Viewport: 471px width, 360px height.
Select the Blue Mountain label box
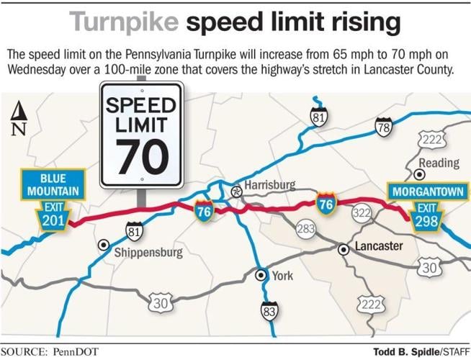coord(53,184)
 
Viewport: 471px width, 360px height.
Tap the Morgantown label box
coord(425,192)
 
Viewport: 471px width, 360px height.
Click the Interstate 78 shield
coord(383,128)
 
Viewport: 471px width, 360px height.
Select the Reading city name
coord(439,163)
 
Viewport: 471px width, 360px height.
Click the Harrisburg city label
coord(269,185)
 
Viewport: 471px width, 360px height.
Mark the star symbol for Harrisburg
coord(235,192)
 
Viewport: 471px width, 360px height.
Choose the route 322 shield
coord(362,213)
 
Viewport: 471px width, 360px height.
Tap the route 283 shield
coord(305,230)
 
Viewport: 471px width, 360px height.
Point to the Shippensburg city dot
coord(104,243)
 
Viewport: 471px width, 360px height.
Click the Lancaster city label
coord(378,246)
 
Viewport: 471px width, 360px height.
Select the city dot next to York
coord(261,274)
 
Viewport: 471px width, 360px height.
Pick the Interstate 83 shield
coord(269,311)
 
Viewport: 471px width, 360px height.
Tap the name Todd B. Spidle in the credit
coord(405,351)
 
